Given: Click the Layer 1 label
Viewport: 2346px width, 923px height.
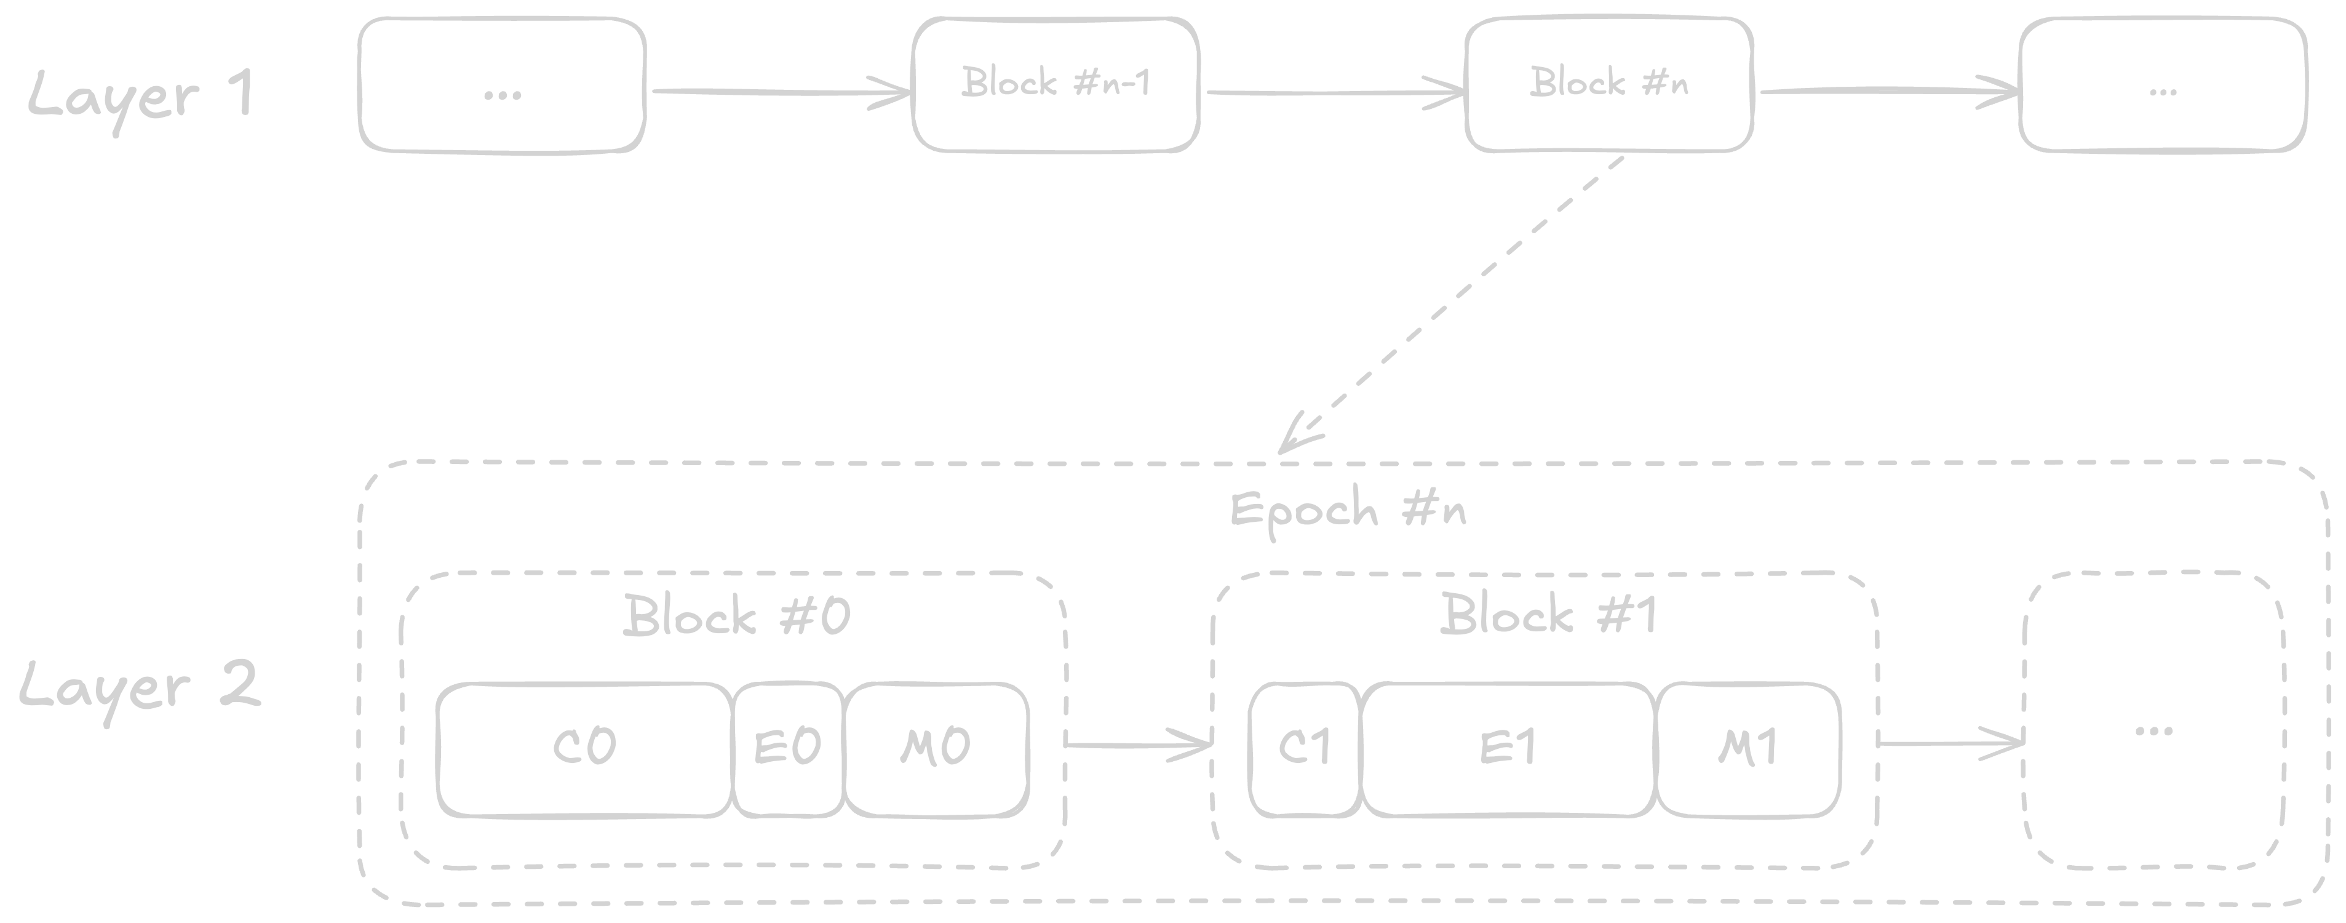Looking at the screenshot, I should (141, 95).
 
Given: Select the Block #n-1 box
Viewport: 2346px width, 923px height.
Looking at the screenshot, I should (1056, 84).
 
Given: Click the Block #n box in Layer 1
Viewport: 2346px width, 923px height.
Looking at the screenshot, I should (1608, 84).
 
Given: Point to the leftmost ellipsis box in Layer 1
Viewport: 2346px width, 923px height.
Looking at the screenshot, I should (502, 87).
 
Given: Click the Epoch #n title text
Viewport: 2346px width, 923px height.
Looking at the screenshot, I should (1348, 510).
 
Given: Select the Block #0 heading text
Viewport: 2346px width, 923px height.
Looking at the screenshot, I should (736, 616).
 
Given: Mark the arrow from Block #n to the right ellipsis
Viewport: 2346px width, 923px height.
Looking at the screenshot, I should (1885, 90).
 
